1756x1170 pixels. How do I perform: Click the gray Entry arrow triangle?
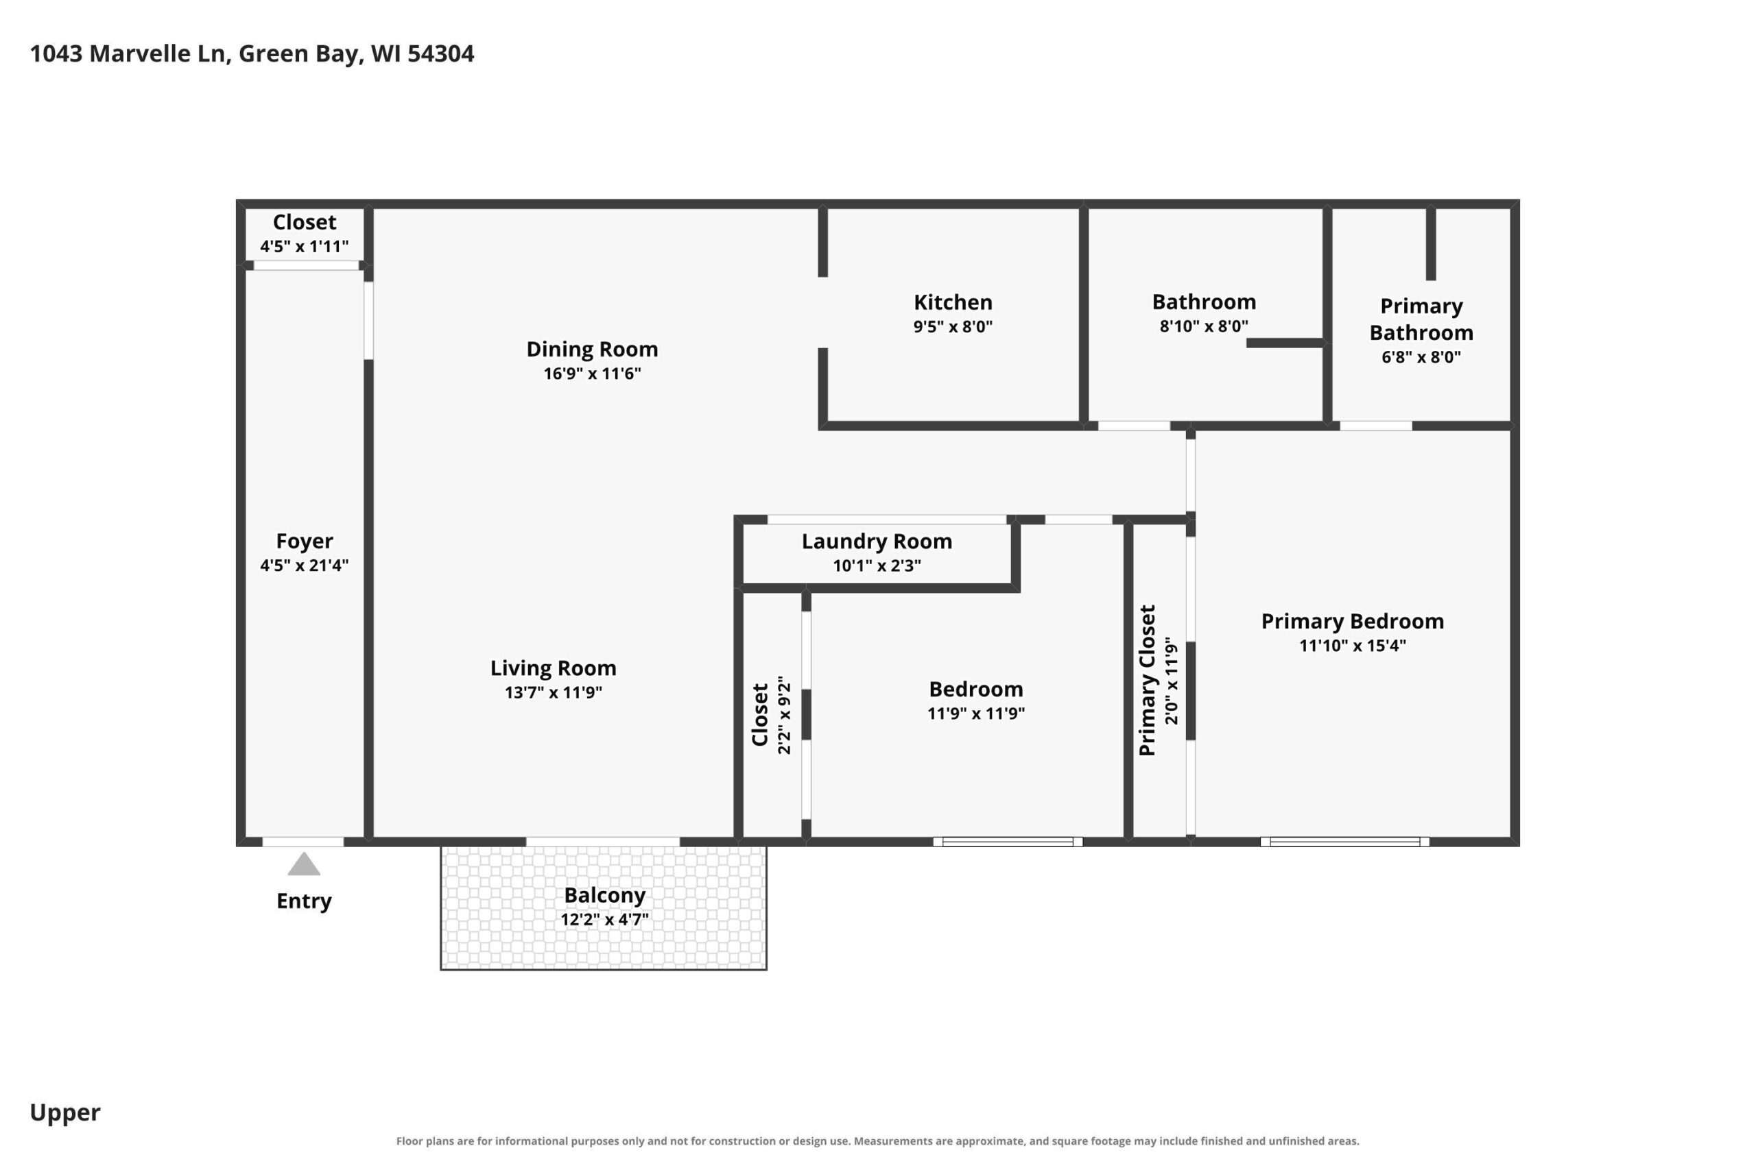pyautogui.click(x=304, y=864)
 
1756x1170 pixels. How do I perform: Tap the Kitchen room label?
pyautogui.click(x=953, y=302)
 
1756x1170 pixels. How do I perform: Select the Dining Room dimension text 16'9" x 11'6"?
pyautogui.click(x=592, y=373)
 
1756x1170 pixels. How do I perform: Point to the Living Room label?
pyautogui.click(x=554, y=668)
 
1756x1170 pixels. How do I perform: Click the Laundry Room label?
pyautogui.click(x=877, y=541)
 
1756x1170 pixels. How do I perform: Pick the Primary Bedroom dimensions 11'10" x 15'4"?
pyautogui.click(x=1352, y=646)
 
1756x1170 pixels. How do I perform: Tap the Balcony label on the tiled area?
pyautogui.click(x=605, y=895)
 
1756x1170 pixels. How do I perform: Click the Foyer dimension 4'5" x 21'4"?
pyautogui.click(x=304, y=565)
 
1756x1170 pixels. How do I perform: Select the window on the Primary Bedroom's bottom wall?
pyautogui.click(x=1344, y=842)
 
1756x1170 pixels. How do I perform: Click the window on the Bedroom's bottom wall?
pyautogui.click(x=1007, y=842)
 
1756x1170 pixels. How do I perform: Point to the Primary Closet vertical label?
pyautogui.click(x=1148, y=680)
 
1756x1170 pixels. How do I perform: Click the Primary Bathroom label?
pyautogui.click(x=1421, y=319)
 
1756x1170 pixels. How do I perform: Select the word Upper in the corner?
pyautogui.click(x=65, y=1113)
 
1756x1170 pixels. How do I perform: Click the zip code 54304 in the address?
pyautogui.click(x=440, y=53)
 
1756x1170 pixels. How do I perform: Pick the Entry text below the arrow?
pyautogui.click(x=304, y=901)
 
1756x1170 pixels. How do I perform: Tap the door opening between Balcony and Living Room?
pyautogui.click(x=602, y=842)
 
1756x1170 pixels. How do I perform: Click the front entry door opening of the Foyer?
pyautogui.click(x=302, y=842)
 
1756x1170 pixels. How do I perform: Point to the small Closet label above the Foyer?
pyautogui.click(x=304, y=222)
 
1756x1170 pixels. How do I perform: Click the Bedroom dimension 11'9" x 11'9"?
pyautogui.click(x=976, y=714)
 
